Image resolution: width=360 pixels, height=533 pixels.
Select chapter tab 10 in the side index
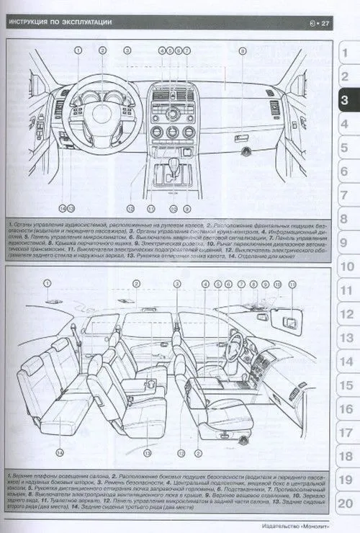[x=345, y=267]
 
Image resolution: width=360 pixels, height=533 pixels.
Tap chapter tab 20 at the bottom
[x=345, y=504]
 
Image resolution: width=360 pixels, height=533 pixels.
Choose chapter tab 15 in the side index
[x=345, y=386]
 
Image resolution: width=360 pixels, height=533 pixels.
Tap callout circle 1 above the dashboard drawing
[x=77, y=51]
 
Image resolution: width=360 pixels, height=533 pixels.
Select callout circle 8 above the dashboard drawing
[x=243, y=51]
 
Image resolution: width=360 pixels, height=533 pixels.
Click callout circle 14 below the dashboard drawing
[x=63, y=208]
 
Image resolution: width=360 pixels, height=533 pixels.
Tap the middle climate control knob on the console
[x=173, y=132]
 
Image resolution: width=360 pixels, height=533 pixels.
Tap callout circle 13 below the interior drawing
[x=146, y=453]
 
